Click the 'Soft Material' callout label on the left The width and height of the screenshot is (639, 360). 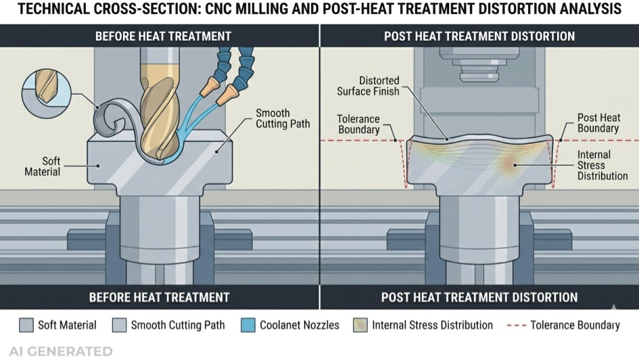[43, 166]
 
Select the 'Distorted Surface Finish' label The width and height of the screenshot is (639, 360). [378, 86]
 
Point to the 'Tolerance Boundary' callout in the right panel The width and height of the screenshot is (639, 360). [358, 125]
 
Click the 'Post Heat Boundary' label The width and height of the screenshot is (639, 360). [598, 122]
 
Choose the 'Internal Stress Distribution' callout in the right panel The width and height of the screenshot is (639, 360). [602, 166]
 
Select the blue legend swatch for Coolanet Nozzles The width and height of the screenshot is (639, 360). [248, 325]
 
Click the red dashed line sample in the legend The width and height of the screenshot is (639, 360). [516, 325]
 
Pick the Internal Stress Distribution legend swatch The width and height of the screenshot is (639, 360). [360, 325]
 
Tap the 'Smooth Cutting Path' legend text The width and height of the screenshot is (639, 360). [177, 325]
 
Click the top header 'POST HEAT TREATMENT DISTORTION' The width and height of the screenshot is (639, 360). [479, 36]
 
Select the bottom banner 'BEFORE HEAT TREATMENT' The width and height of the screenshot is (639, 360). [160, 297]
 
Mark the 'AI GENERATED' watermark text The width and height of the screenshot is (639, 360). [57, 351]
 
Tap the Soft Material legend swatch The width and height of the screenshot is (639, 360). [26, 325]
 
